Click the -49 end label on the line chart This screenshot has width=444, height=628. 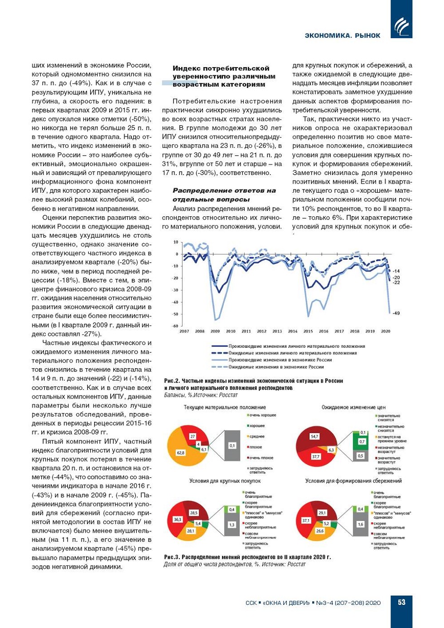396,313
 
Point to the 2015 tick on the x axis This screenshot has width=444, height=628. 308,331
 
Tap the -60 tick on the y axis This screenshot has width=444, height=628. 175,326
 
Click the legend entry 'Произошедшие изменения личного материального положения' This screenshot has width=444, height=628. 296,346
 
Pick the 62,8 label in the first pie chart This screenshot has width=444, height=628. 181,453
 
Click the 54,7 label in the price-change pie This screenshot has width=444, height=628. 314,436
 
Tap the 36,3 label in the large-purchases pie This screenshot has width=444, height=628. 177,520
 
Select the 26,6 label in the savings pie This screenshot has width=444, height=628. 320,531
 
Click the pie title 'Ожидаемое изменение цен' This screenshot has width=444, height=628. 353,407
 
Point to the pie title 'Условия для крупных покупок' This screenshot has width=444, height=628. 225,481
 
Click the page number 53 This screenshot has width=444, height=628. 401,602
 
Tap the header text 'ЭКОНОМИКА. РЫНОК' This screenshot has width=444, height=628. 343,35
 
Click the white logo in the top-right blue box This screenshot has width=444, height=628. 401,27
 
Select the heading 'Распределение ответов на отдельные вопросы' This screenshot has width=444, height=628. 224,195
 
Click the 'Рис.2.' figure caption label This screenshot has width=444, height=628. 172,381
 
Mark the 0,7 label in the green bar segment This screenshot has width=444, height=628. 362,441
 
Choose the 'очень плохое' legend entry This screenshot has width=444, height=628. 261,458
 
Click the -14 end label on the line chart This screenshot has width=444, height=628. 396,271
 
